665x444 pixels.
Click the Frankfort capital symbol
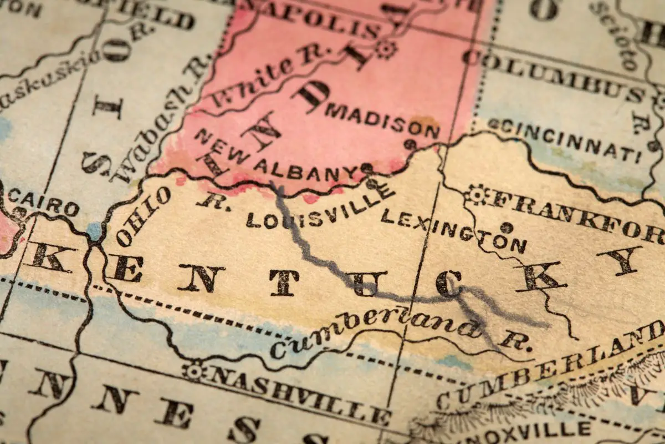(476, 194)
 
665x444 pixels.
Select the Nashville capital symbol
(194, 371)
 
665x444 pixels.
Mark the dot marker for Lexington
(506, 227)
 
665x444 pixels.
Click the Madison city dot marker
(410, 144)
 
